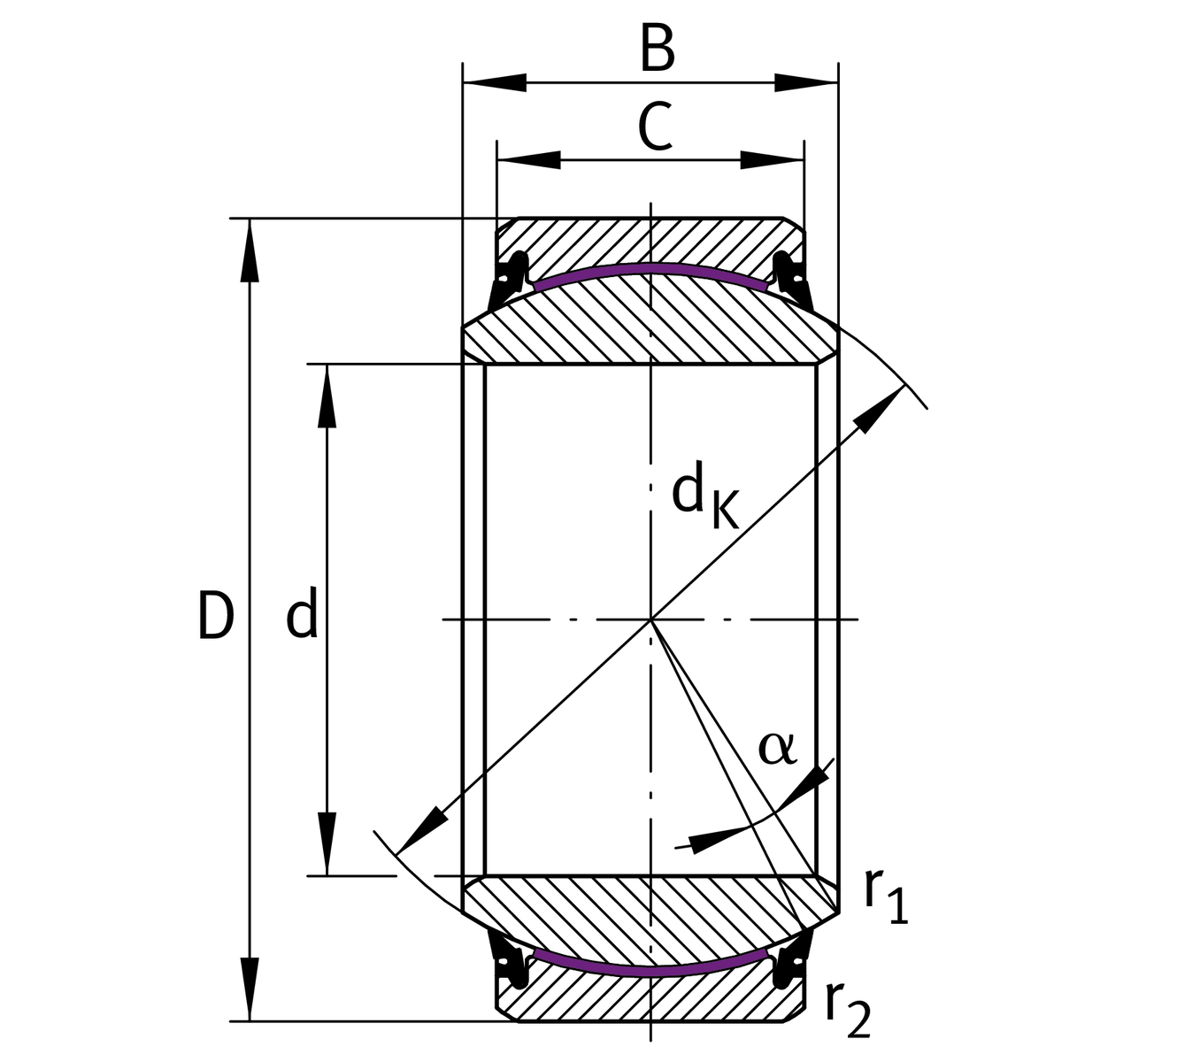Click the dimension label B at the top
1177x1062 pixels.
tap(657, 50)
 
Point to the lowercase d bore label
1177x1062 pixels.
tap(302, 616)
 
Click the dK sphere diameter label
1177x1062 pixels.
tap(704, 497)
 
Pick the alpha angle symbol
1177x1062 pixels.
tap(777, 748)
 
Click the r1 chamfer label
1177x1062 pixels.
tap(886, 896)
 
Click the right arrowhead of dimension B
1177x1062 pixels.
tap(806, 83)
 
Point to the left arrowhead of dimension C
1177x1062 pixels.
tap(529, 160)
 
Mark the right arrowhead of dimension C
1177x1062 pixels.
tap(773, 160)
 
